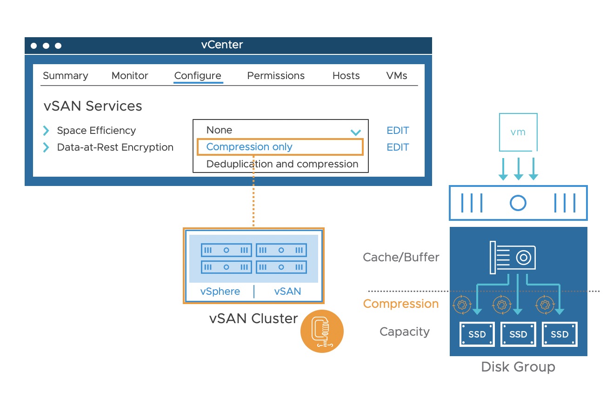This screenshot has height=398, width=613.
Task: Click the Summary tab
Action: (x=65, y=76)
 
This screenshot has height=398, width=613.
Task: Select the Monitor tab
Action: (x=130, y=76)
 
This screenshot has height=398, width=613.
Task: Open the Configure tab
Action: (x=198, y=76)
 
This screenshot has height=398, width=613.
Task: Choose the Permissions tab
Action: (x=276, y=76)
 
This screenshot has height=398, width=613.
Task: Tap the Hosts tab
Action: (x=346, y=76)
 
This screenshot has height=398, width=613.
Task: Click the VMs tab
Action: (x=397, y=76)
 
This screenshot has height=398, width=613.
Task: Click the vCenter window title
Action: (x=222, y=45)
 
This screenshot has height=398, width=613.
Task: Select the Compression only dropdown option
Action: (x=249, y=147)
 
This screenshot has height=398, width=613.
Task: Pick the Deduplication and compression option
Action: (x=282, y=164)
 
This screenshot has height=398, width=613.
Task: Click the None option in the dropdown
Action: (x=219, y=130)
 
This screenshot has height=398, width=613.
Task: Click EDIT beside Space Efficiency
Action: (x=398, y=131)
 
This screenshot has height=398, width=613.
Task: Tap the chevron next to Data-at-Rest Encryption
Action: (x=46, y=147)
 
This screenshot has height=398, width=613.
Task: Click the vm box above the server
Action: (x=518, y=132)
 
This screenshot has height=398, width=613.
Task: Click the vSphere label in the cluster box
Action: (x=220, y=292)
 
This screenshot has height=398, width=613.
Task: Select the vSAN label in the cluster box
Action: (x=287, y=292)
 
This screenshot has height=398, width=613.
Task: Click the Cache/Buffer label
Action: (x=401, y=257)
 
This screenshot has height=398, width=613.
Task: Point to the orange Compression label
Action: (x=401, y=304)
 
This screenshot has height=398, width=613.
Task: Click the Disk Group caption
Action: (x=518, y=367)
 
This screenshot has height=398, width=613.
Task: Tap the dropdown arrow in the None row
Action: (x=356, y=133)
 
